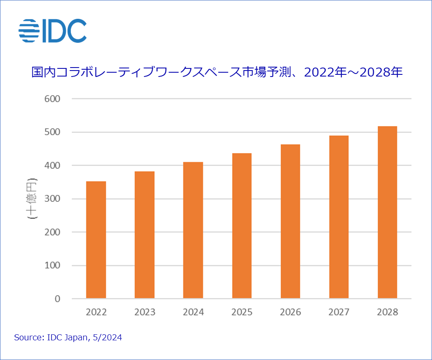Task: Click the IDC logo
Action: click(x=53, y=31)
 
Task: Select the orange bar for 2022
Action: click(x=96, y=240)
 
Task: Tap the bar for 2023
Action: click(x=144, y=235)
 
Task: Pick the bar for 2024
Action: click(x=193, y=230)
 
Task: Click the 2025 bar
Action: click(x=242, y=226)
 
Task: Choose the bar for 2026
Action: click(x=290, y=221)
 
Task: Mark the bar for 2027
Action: click(x=339, y=217)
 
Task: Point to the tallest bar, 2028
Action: click(x=388, y=212)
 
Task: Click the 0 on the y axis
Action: click(x=57, y=299)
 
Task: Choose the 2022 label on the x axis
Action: click(x=96, y=313)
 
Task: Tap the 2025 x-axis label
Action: click(x=242, y=313)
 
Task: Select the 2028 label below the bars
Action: click(x=388, y=313)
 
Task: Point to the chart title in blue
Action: click(x=217, y=72)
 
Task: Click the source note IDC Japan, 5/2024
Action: click(x=68, y=338)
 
